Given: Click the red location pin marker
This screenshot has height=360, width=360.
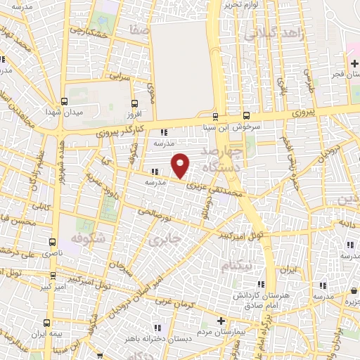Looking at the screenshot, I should coord(181,166).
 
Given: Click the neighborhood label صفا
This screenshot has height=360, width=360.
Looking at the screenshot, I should coord(139,30).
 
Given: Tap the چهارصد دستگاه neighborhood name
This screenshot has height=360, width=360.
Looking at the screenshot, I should coord(222,161).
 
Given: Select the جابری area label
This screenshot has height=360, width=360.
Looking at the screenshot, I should coord(165,240).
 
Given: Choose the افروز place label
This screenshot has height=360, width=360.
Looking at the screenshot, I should coord(134,112).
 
